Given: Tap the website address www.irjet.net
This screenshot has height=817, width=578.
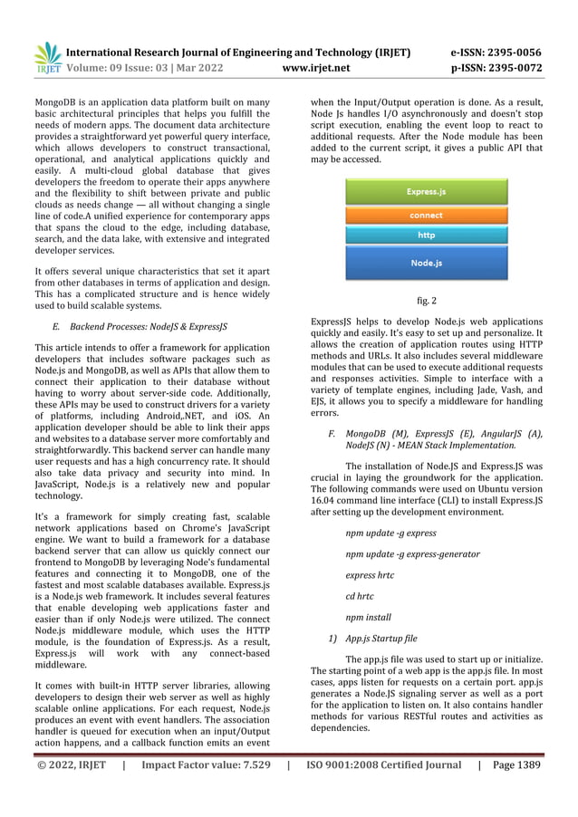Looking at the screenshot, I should (x=316, y=67).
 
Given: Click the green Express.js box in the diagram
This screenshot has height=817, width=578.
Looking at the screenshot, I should (x=425, y=191).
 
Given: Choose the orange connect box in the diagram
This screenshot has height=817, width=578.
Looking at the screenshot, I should (x=425, y=216).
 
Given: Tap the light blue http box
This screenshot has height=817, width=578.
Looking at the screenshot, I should (x=425, y=235).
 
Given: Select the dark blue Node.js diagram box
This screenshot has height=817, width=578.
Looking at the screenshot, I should (x=425, y=263).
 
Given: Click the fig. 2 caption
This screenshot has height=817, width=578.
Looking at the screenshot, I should (x=426, y=300).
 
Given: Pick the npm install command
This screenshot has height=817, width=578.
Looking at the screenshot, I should (x=368, y=618).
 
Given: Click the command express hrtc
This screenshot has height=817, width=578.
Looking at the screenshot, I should (x=371, y=575).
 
